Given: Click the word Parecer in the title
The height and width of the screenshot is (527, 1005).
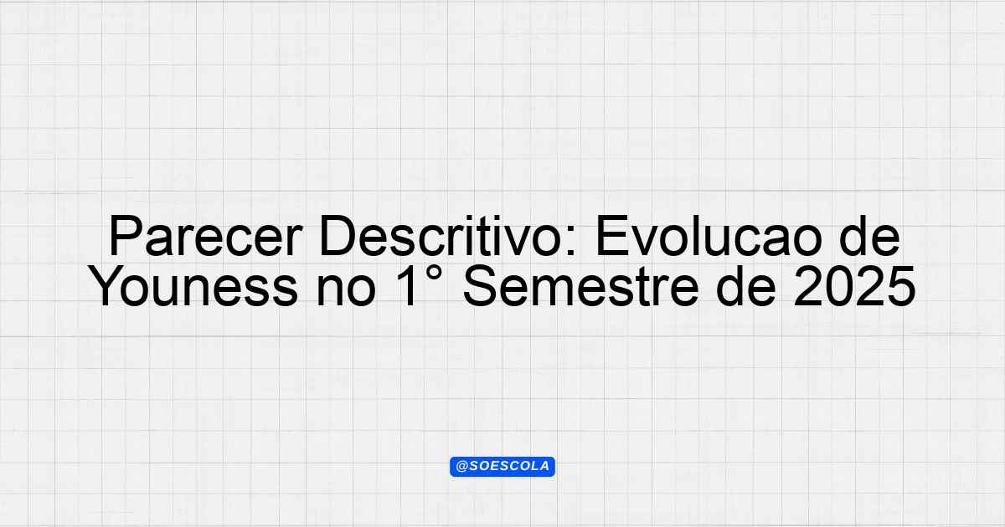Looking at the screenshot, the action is click(x=205, y=236).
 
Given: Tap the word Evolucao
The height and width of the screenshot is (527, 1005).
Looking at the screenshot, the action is click(x=708, y=236).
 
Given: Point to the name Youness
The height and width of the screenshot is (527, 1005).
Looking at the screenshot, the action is click(x=193, y=286).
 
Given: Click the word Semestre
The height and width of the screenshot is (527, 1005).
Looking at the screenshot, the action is click(x=580, y=286).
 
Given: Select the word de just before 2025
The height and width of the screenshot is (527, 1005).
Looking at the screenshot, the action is click(x=746, y=286).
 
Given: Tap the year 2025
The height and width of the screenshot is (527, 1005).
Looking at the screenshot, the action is click(x=854, y=286).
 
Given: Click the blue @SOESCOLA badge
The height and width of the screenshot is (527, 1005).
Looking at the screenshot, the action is click(x=502, y=467).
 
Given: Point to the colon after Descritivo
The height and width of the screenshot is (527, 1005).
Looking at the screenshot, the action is click(x=570, y=242).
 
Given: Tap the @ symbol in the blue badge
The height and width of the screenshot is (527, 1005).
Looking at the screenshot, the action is click(x=461, y=467).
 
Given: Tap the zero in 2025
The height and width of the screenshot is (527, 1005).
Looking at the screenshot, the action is click(x=839, y=286).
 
